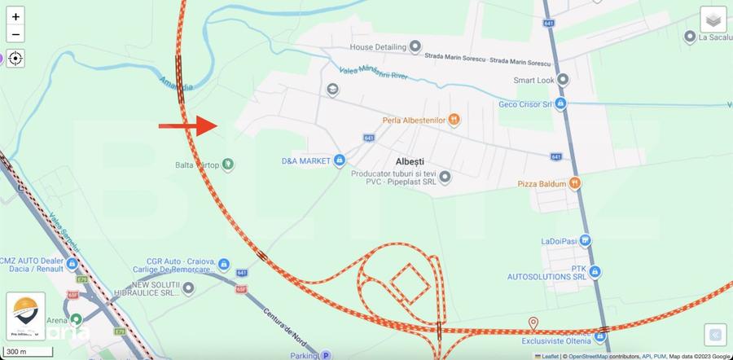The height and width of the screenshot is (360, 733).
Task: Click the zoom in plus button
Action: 15,15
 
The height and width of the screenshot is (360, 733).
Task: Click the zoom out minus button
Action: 15,34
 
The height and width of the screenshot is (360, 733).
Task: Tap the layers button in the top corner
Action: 713,20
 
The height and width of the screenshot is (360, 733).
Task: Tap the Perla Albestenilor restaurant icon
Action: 454,121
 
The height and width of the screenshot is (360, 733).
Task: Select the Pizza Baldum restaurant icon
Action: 575,183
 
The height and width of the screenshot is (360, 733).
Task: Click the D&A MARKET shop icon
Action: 339,160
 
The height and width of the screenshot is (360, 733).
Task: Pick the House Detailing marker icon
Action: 415,46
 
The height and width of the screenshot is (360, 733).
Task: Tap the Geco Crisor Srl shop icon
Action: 561,103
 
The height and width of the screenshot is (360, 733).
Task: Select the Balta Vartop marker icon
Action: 228,164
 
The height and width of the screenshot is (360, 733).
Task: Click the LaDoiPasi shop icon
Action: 586,240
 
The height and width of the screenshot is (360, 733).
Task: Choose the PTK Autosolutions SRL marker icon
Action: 595,271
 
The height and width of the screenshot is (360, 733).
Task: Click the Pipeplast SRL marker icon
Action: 445,175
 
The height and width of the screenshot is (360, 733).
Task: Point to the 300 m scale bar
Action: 29,352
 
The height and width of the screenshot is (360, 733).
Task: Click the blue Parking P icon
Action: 326,355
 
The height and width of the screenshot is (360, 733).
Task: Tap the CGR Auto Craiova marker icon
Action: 224,263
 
